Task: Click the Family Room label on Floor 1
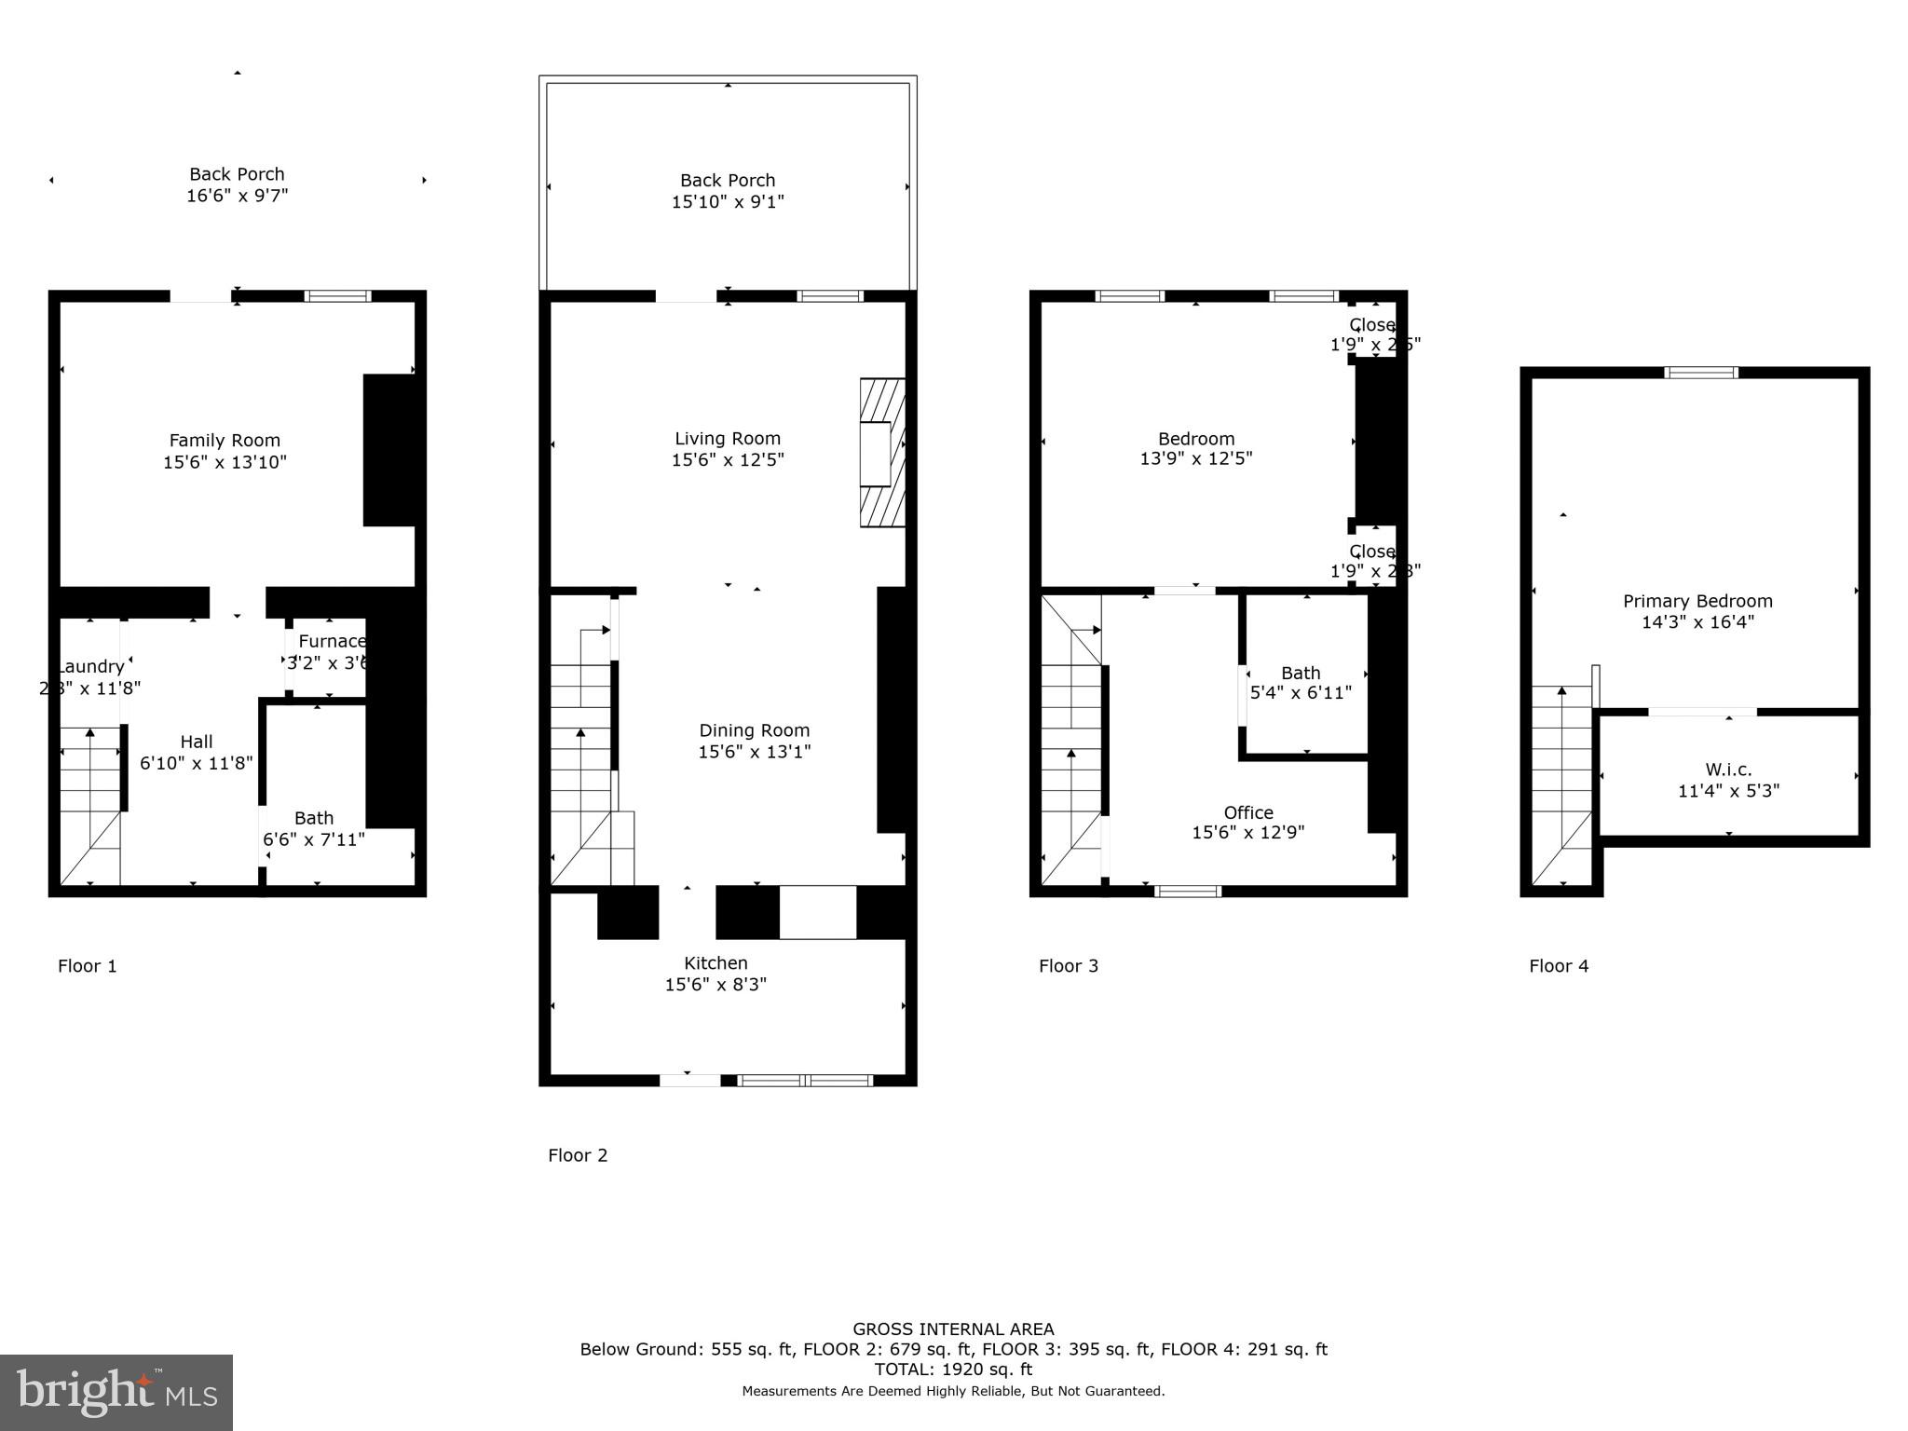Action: [x=225, y=441]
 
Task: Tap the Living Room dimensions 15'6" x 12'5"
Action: [x=728, y=460]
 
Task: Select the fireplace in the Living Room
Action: [x=881, y=453]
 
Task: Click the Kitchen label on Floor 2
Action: [x=715, y=963]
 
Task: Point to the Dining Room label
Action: [x=755, y=730]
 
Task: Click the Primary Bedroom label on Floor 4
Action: [x=1697, y=601]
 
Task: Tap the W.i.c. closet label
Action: [x=1728, y=770]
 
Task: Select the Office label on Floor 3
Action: [x=1248, y=812]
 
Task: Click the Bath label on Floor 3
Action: [x=1301, y=673]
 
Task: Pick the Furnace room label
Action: [x=332, y=641]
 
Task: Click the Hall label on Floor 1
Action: [x=197, y=742]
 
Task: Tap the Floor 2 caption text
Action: [x=578, y=1155]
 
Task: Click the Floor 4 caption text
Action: [x=1559, y=966]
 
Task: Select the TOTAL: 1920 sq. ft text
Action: [x=953, y=1370]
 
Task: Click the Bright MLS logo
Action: [x=116, y=1392]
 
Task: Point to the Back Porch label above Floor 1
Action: [x=237, y=174]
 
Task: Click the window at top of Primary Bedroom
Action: [x=1701, y=373]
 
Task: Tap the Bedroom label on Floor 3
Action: [x=1196, y=439]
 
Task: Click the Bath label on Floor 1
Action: [x=314, y=818]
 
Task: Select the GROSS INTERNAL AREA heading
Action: [x=953, y=1329]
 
